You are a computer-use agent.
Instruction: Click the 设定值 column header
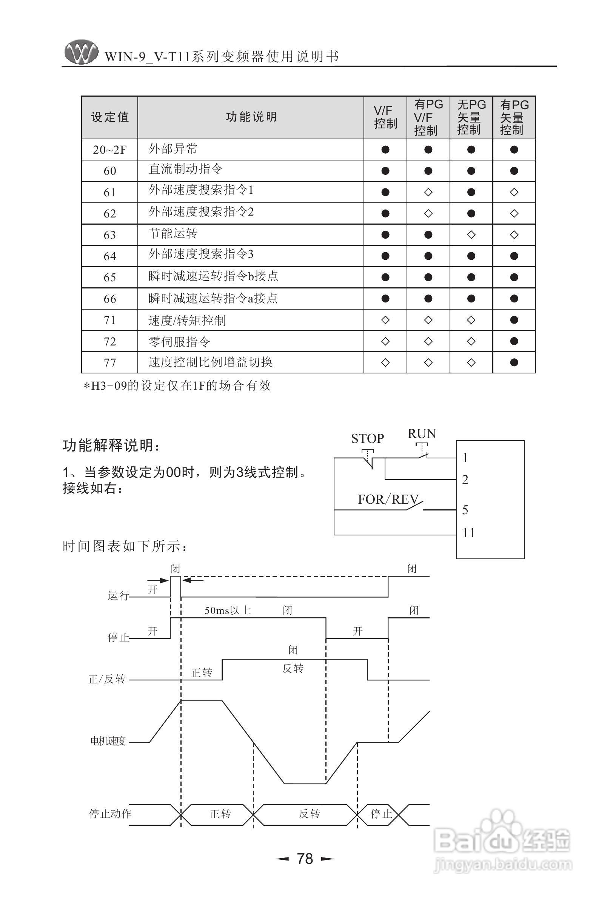click(110, 117)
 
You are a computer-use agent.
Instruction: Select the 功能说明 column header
click(251, 117)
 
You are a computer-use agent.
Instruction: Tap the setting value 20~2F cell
click(110, 150)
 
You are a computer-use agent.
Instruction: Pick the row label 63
click(110, 235)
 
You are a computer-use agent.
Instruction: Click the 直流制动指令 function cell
click(185, 169)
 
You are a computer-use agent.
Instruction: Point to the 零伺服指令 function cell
click(179, 342)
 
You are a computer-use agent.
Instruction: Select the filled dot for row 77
click(514, 362)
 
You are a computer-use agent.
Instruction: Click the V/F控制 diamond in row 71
click(385, 320)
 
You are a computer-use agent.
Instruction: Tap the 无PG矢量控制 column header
click(471, 117)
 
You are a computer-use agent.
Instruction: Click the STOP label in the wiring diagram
click(367, 439)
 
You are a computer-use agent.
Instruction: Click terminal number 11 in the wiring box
click(468, 533)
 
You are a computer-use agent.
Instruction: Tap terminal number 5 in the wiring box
click(465, 510)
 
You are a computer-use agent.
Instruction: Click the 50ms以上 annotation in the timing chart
click(228, 611)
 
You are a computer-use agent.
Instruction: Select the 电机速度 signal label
click(108, 741)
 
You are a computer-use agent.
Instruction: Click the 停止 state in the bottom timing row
click(381, 814)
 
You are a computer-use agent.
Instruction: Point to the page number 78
click(305, 859)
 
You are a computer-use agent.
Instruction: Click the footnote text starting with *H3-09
click(177, 386)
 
